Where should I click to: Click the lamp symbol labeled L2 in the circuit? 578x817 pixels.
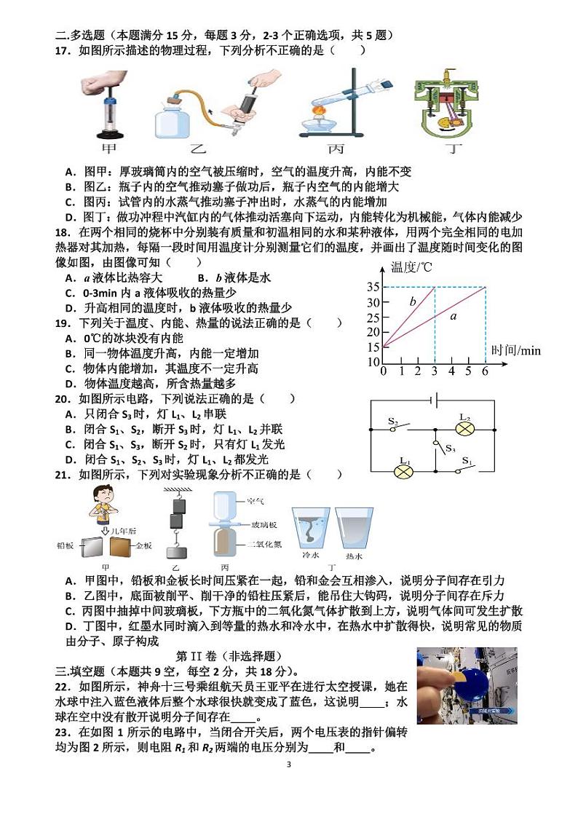pos(464,429)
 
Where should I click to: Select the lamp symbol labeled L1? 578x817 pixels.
pos(404,472)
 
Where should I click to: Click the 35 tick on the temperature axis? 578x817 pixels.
pos(373,287)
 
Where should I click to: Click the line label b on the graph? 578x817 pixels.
pos(412,301)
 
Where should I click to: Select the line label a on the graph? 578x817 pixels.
pos(453,317)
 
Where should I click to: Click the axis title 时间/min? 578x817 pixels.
pos(515,351)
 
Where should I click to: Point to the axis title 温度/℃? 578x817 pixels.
pos(411,267)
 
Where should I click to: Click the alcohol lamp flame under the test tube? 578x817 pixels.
pos(318,113)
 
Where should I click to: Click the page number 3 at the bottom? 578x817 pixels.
pos(289,765)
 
